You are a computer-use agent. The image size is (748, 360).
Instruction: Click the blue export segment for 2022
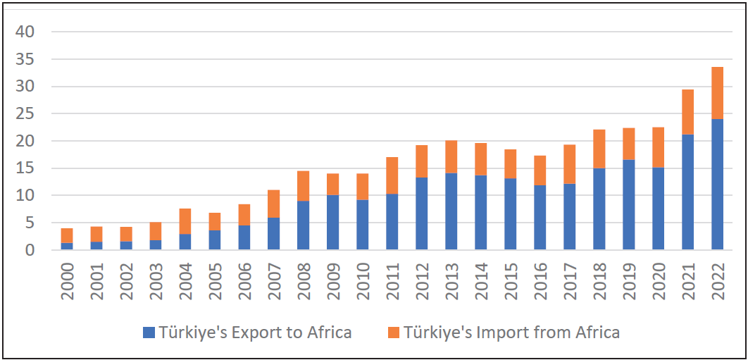(x=717, y=184)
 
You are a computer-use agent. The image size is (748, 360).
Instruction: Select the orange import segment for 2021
(x=687, y=112)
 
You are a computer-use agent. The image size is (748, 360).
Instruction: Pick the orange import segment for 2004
(x=185, y=221)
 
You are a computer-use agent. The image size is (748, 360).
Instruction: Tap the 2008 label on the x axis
(x=304, y=281)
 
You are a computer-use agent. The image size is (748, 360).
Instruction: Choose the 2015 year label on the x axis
(x=511, y=281)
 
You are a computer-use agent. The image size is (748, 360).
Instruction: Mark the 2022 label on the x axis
(x=718, y=281)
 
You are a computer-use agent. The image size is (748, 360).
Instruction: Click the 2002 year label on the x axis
(x=126, y=281)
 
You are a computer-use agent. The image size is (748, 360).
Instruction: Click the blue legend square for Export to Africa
(x=148, y=333)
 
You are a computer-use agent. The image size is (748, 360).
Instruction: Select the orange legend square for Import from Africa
(x=392, y=333)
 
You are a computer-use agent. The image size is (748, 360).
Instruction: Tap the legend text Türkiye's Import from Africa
(x=512, y=333)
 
